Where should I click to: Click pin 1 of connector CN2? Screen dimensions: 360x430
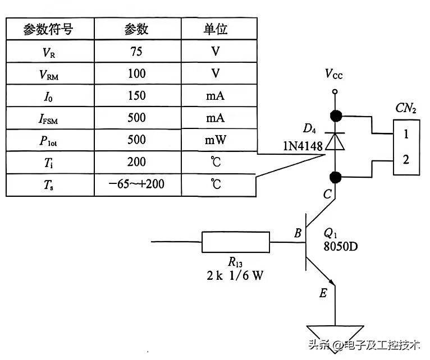click(406, 135)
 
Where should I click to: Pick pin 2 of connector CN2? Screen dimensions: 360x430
click(406, 159)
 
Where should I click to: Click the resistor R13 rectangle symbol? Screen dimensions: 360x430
click(235, 243)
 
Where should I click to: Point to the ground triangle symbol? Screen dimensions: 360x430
click(335, 332)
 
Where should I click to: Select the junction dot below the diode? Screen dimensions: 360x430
click(335, 178)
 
